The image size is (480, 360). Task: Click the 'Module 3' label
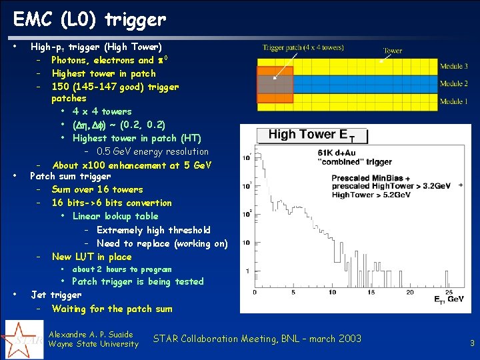coord(453,67)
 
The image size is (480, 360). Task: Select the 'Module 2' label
coord(453,84)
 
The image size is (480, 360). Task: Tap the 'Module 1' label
coord(453,101)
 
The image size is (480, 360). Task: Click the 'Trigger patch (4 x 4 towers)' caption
coord(303,48)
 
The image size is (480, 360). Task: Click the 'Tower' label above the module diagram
coord(393,51)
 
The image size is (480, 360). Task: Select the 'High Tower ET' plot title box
coord(311,135)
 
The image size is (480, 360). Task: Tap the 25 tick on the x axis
coord(449,291)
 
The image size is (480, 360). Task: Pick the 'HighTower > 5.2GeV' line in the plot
coord(365,195)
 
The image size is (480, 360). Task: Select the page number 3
coord(472,343)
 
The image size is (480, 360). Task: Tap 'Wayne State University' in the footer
coord(95,344)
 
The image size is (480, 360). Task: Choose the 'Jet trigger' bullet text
coord(57,295)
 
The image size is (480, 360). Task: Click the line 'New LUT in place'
coord(91,257)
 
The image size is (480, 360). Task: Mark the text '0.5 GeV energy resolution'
coord(152,151)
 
